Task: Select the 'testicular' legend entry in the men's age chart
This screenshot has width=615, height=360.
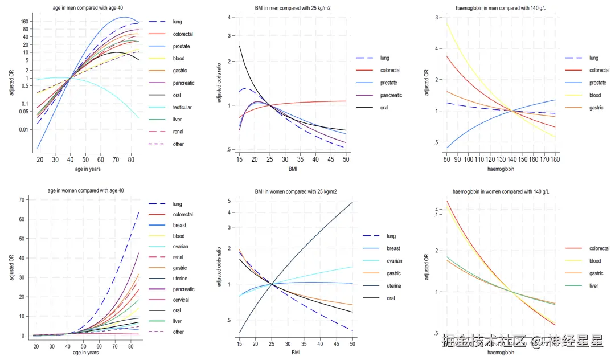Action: coord(182,107)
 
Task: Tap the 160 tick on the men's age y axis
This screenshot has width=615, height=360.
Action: coord(25,21)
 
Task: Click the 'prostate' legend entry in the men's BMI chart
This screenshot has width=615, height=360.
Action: coord(389,83)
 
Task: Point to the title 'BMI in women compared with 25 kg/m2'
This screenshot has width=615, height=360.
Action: coord(296,191)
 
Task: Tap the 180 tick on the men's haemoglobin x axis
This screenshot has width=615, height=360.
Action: coord(556,159)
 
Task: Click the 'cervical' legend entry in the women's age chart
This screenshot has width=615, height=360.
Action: coord(181,300)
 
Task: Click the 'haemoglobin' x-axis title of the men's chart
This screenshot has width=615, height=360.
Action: coord(502,169)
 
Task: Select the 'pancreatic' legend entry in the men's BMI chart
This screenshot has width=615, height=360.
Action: coord(391,95)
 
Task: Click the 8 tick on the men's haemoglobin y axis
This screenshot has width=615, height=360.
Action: coord(436,18)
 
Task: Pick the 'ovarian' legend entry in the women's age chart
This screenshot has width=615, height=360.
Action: coord(181,247)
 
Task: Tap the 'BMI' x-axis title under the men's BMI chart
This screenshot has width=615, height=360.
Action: coord(292,169)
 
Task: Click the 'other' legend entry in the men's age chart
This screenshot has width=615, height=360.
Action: coord(178,144)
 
